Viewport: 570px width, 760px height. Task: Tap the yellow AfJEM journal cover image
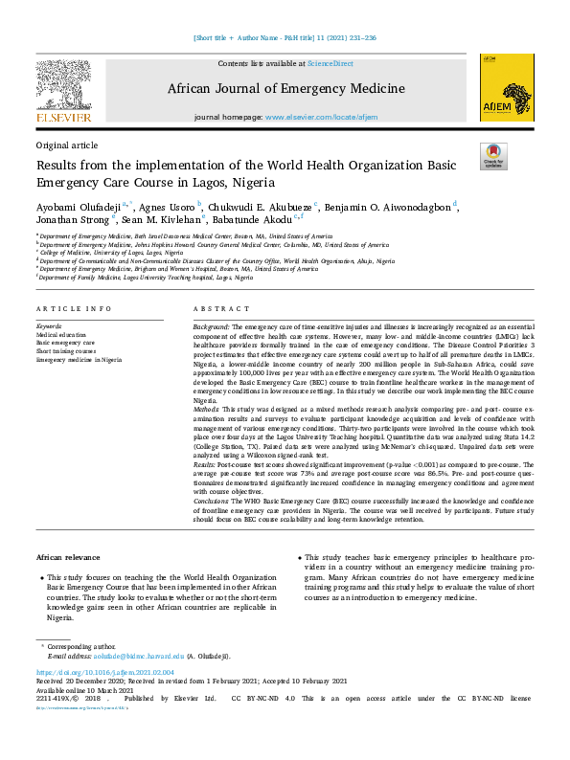(506, 87)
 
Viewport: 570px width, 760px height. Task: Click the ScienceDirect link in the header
(330, 63)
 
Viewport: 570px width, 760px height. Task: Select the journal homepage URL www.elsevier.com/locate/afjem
(316, 116)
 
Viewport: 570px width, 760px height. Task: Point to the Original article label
(67, 145)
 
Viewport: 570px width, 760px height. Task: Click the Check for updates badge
(492, 156)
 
